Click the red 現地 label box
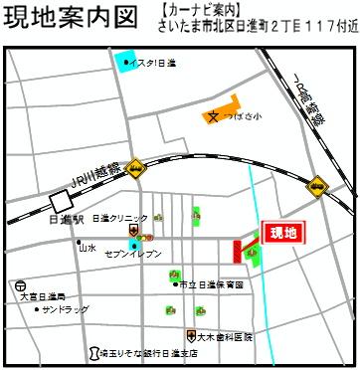pos(283,233)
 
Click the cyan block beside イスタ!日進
pos(126,62)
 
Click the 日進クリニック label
pos(118,218)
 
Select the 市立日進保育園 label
pos(209,284)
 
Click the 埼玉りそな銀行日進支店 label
pos(148,353)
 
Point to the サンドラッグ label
pos(66,310)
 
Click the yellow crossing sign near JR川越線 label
pos(133,171)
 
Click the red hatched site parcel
pos(239,253)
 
